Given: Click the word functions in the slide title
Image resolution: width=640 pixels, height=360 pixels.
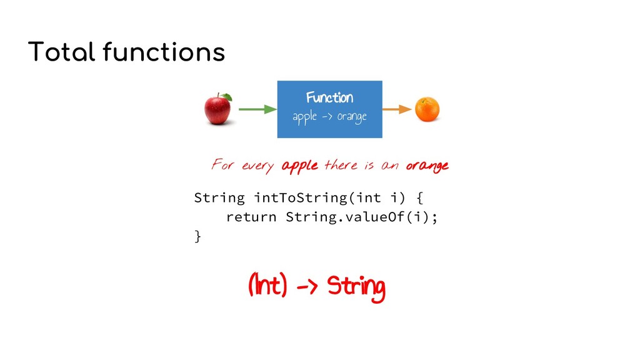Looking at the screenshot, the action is [x=164, y=52].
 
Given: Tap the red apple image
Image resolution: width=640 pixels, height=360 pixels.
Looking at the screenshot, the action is [x=217, y=109].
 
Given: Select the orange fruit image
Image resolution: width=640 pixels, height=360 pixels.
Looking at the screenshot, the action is [x=427, y=109].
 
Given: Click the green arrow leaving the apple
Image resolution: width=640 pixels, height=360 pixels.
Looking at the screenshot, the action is [x=257, y=109].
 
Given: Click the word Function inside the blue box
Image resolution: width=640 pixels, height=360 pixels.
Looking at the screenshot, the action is [x=329, y=97].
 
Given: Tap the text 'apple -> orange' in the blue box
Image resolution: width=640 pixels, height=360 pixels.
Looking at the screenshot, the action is [x=329, y=117].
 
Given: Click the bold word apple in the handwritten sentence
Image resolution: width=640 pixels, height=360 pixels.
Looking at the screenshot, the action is [x=300, y=166].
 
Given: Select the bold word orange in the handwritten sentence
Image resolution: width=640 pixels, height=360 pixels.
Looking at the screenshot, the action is [x=427, y=166].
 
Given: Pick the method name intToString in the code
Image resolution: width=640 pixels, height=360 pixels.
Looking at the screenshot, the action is [x=300, y=199].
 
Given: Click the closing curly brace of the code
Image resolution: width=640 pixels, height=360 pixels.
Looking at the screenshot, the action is [x=197, y=236].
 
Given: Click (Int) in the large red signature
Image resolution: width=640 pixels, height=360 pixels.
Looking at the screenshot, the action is [x=267, y=287].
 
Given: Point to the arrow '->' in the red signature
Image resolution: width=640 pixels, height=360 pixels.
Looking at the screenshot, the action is [x=306, y=288].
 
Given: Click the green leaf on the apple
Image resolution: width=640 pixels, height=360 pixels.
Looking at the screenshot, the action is [x=227, y=97].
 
